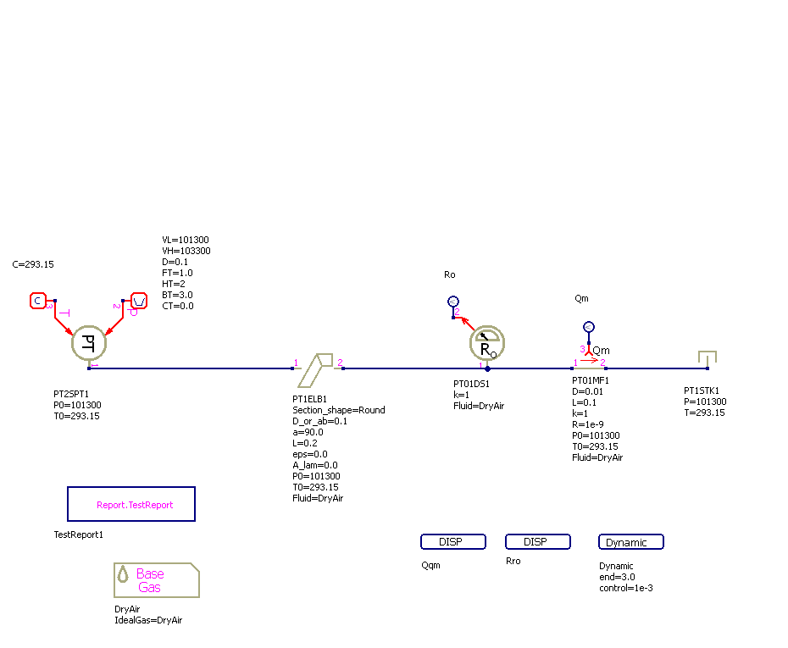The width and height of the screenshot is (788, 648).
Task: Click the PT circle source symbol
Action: click(x=87, y=343)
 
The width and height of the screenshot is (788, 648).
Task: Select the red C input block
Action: click(x=38, y=301)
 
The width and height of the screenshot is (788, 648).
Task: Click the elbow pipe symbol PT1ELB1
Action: click(x=318, y=368)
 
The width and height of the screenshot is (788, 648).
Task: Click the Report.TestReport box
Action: click(x=131, y=504)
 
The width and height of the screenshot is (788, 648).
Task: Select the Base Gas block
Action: click(x=157, y=580)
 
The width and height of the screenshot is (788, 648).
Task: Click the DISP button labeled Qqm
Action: click(x=453, y=542)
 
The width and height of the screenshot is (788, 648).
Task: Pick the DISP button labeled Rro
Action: click(x=538, y=542)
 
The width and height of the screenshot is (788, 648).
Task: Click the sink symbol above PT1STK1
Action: click(x=707, y=359)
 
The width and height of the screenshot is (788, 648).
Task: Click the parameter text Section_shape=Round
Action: click(x=339, y=410)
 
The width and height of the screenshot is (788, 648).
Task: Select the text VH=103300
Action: click(x=186, y=251)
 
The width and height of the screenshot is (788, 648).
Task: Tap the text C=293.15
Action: click(x=33, y=264)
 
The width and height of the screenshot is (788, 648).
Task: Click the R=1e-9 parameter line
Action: click(x=588, y=424)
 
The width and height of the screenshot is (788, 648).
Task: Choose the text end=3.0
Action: click(x=617, y=577)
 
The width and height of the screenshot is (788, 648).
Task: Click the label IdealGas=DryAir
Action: click(x=148, y=620)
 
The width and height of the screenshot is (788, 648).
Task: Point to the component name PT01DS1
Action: click(x=471, y=384)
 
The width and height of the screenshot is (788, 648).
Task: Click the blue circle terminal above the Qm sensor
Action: click(x=589, y=327)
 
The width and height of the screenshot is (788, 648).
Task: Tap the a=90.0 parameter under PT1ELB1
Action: click(x=309, y=432)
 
